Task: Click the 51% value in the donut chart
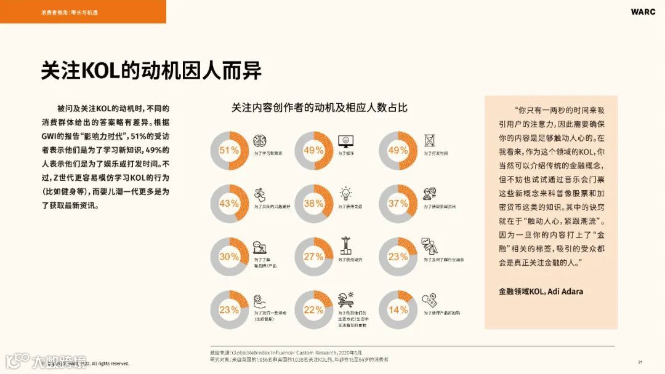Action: (229, 151)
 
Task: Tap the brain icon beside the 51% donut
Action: (260, 141)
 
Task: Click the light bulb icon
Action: (346, 193)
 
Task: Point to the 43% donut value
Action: (229, 204)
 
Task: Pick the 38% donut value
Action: (313, 204)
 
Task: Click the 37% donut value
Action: (398, 204)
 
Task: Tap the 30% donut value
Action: (229, 257)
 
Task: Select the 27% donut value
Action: (313, 257)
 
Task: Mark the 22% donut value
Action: (313, 310)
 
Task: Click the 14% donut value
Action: (398, 310)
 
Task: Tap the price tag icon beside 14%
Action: (430, 301)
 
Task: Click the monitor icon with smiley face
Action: (345, 140)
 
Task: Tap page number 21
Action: (640, 362)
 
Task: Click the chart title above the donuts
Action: (319, 108)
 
